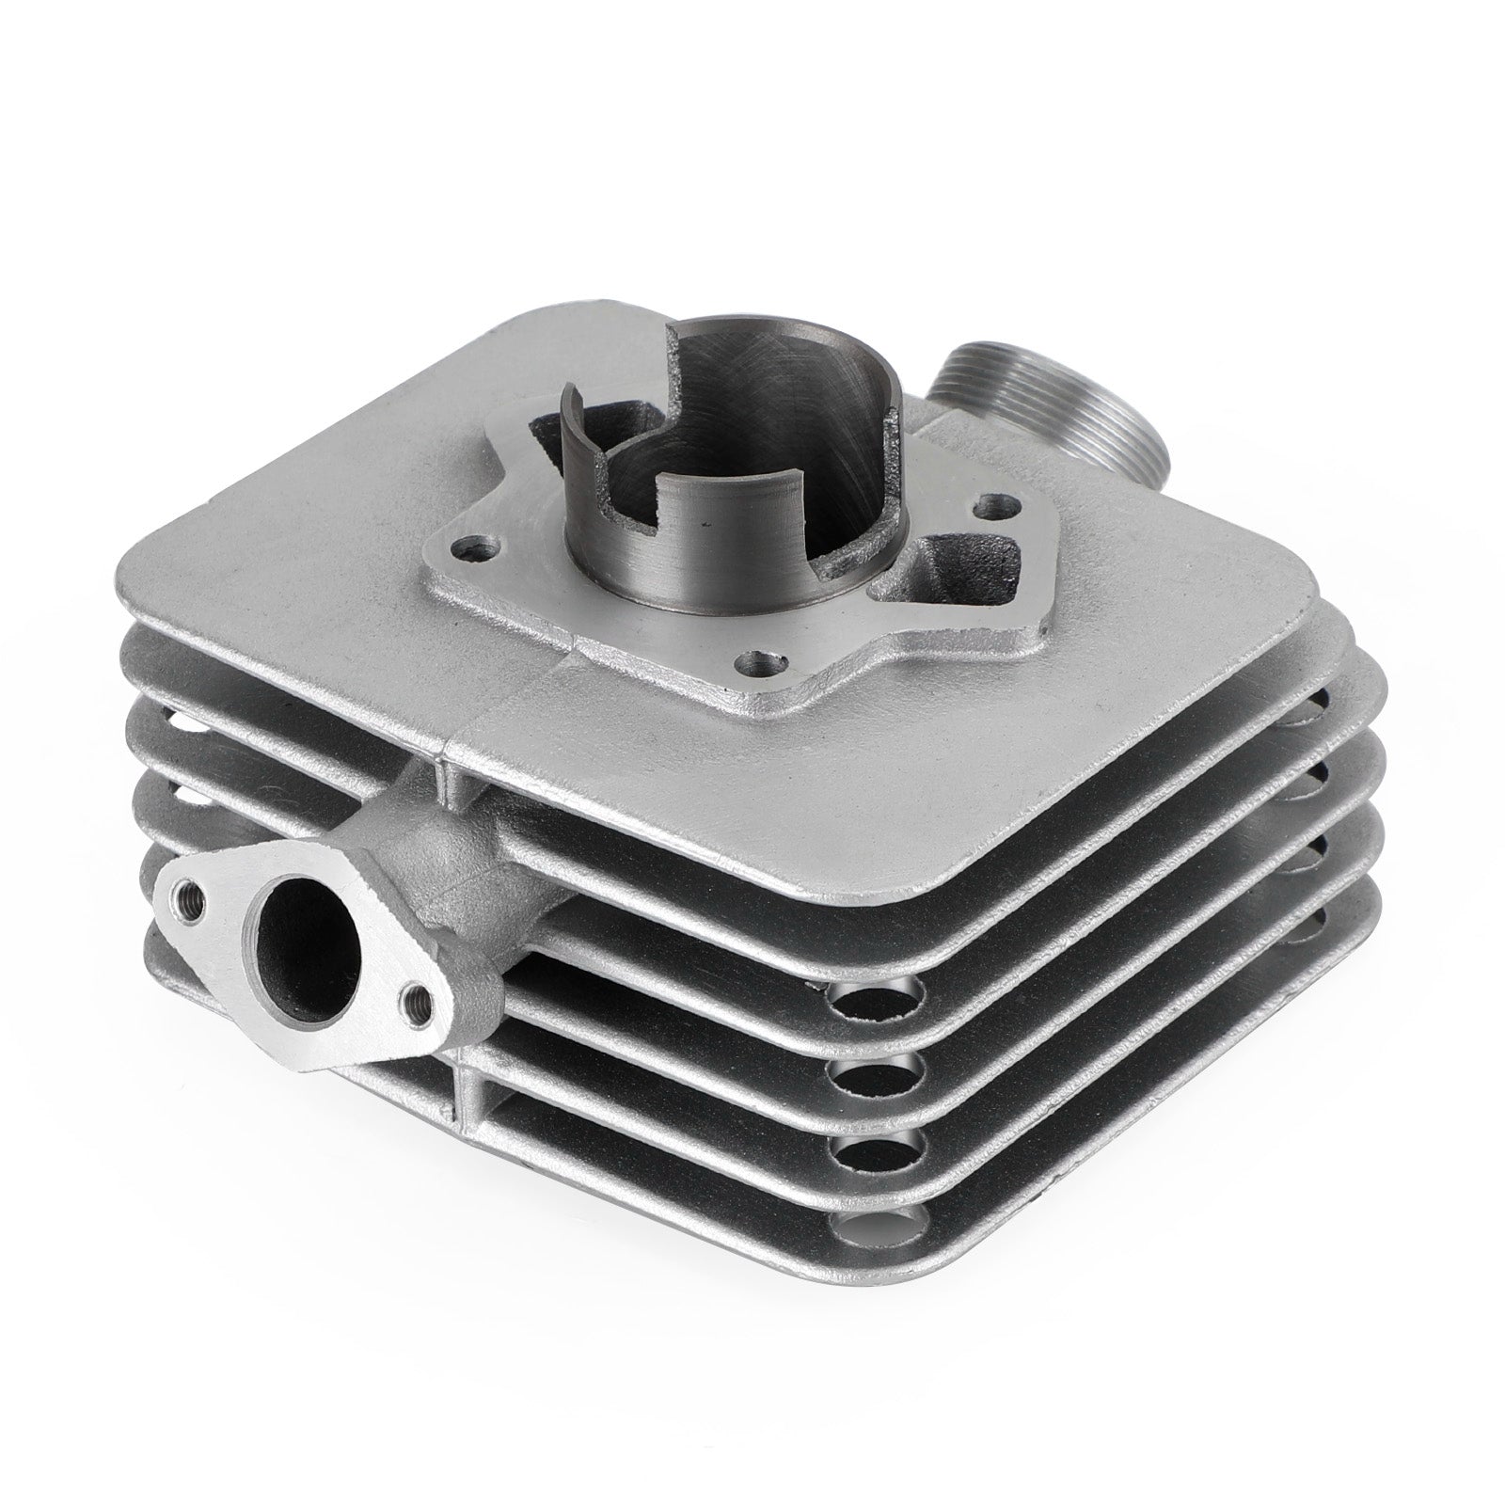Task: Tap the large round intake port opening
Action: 309,950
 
